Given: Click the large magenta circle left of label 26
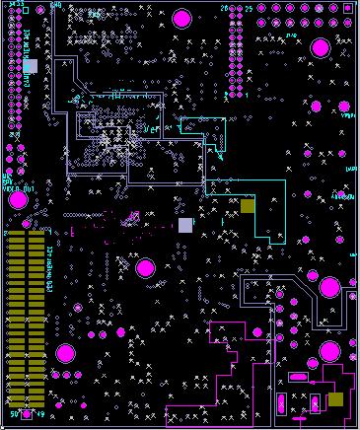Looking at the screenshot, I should [181, 18].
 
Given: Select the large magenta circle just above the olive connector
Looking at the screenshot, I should [18, 200].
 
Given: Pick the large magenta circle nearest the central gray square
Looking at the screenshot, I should [145, 267].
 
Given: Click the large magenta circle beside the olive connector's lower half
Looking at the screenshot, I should [65, 353].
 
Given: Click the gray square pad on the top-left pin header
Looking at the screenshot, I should [30, 66].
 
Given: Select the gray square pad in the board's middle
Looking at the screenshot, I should [185, 225].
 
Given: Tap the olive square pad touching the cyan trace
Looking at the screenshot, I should [248, 205].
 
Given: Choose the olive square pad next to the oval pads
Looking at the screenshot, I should [335, 399].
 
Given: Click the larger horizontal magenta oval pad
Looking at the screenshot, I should [299, 377].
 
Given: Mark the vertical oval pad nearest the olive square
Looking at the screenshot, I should [314, 403].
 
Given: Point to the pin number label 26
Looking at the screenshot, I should [224, 8].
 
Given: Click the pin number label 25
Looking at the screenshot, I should [249, 8].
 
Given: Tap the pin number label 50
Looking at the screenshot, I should [13, 414].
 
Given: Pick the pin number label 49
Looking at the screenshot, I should [40, 414].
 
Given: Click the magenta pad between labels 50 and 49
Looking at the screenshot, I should [27, 414].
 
